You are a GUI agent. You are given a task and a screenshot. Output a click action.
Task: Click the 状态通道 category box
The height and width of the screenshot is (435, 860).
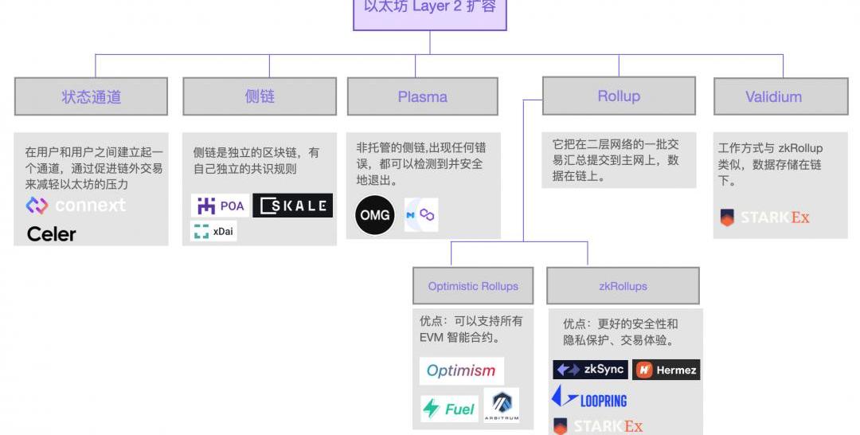point(91,96)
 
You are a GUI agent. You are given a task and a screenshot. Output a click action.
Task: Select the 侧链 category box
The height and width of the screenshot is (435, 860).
point(260,96)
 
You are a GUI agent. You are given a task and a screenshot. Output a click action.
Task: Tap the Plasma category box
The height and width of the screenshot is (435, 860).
point(422,96)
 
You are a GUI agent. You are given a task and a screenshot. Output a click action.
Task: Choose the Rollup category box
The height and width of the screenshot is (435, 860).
point(619,96)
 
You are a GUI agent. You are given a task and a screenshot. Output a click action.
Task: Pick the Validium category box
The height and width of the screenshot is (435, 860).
point(773,96)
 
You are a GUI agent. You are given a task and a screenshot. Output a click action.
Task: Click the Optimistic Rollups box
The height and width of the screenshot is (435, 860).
point(473,286)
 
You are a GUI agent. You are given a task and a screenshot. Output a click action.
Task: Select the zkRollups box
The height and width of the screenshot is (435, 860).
point(623,286)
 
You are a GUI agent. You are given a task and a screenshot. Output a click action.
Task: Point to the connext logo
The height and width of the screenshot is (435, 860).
point(76,206)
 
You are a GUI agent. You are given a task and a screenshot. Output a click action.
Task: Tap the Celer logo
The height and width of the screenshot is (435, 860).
point(51,233)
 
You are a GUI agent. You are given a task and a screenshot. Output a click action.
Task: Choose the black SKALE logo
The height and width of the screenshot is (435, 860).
point(292,206)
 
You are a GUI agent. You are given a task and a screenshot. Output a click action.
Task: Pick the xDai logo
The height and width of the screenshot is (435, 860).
point(213,232)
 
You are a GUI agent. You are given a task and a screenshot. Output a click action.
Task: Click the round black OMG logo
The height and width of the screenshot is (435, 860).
point(375,215)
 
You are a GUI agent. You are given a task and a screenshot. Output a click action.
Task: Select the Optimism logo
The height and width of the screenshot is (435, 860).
point(461,370)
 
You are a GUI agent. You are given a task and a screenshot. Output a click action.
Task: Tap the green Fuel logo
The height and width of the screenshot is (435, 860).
point(449,409)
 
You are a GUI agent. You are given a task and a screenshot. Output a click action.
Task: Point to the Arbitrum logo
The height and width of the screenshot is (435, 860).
point(501,405)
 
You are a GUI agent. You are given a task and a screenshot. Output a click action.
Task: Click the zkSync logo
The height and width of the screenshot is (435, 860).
point(590,370)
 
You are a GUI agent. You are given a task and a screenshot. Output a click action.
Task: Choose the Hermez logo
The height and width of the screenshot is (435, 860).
point(666,370)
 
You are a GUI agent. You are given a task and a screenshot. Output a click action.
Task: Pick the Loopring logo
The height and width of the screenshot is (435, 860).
point(589,398)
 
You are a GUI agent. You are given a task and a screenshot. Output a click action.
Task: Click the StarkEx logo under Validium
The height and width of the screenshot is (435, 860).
point(764,217)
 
